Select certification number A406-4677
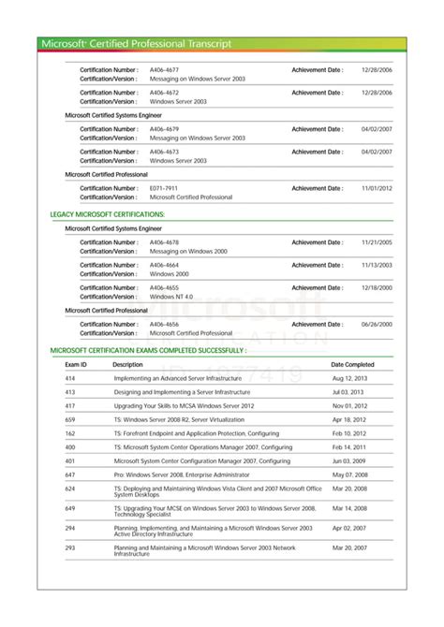point(164,69)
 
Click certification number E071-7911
point(164,188)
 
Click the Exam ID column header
point(76,364)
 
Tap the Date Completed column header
point(352,364)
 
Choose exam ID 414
point(70,378)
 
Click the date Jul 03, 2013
point(348,392)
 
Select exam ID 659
point(70,419)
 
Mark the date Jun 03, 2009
point(349,460)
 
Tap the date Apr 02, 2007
point(349,529)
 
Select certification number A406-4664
point(164,265)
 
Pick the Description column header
point(127,364)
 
